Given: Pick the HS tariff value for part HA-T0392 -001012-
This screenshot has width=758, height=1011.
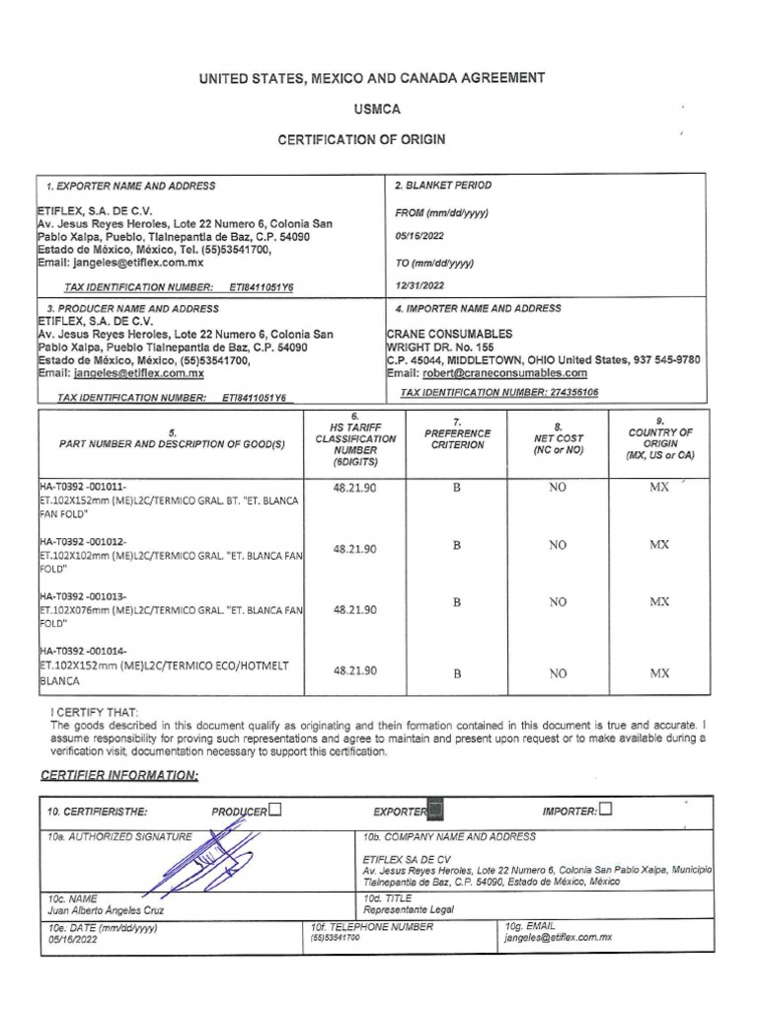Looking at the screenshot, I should click(x=354, y=550).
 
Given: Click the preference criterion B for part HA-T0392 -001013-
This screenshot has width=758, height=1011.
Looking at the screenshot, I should click(x=457, y=601).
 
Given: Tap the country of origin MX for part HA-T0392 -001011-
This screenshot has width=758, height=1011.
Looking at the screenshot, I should click(x=659, y=488).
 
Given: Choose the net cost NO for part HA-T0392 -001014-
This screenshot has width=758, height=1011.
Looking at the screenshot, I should click(x=558, y=673).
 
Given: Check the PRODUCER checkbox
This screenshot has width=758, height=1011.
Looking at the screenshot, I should click(x=274, y=811).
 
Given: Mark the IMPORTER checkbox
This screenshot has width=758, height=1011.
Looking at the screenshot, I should click(x=605, y=811).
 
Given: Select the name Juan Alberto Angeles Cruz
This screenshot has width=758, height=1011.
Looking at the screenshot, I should click(x=106, y=910).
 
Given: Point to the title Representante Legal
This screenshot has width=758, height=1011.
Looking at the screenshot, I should click(x=408, y=910).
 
